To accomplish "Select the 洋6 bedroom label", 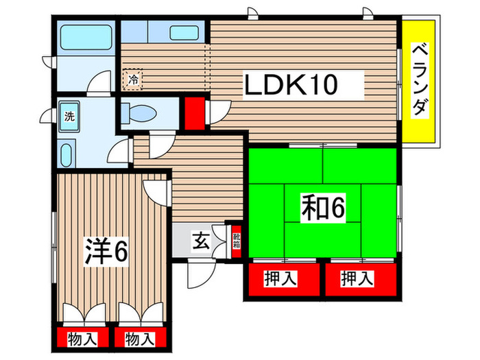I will click(106, 252).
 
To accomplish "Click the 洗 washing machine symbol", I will click(69, 116).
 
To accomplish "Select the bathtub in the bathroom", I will click(84, 36).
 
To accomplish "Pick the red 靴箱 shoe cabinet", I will click(237, 241).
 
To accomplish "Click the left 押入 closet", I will click(281, 280).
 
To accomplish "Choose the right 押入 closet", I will click(359, 280).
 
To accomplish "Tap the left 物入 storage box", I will click(81, 339).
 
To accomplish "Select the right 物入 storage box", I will click(139, 339).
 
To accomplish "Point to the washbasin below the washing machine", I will click(68, 154).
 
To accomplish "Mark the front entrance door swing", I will click(199, 276).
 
